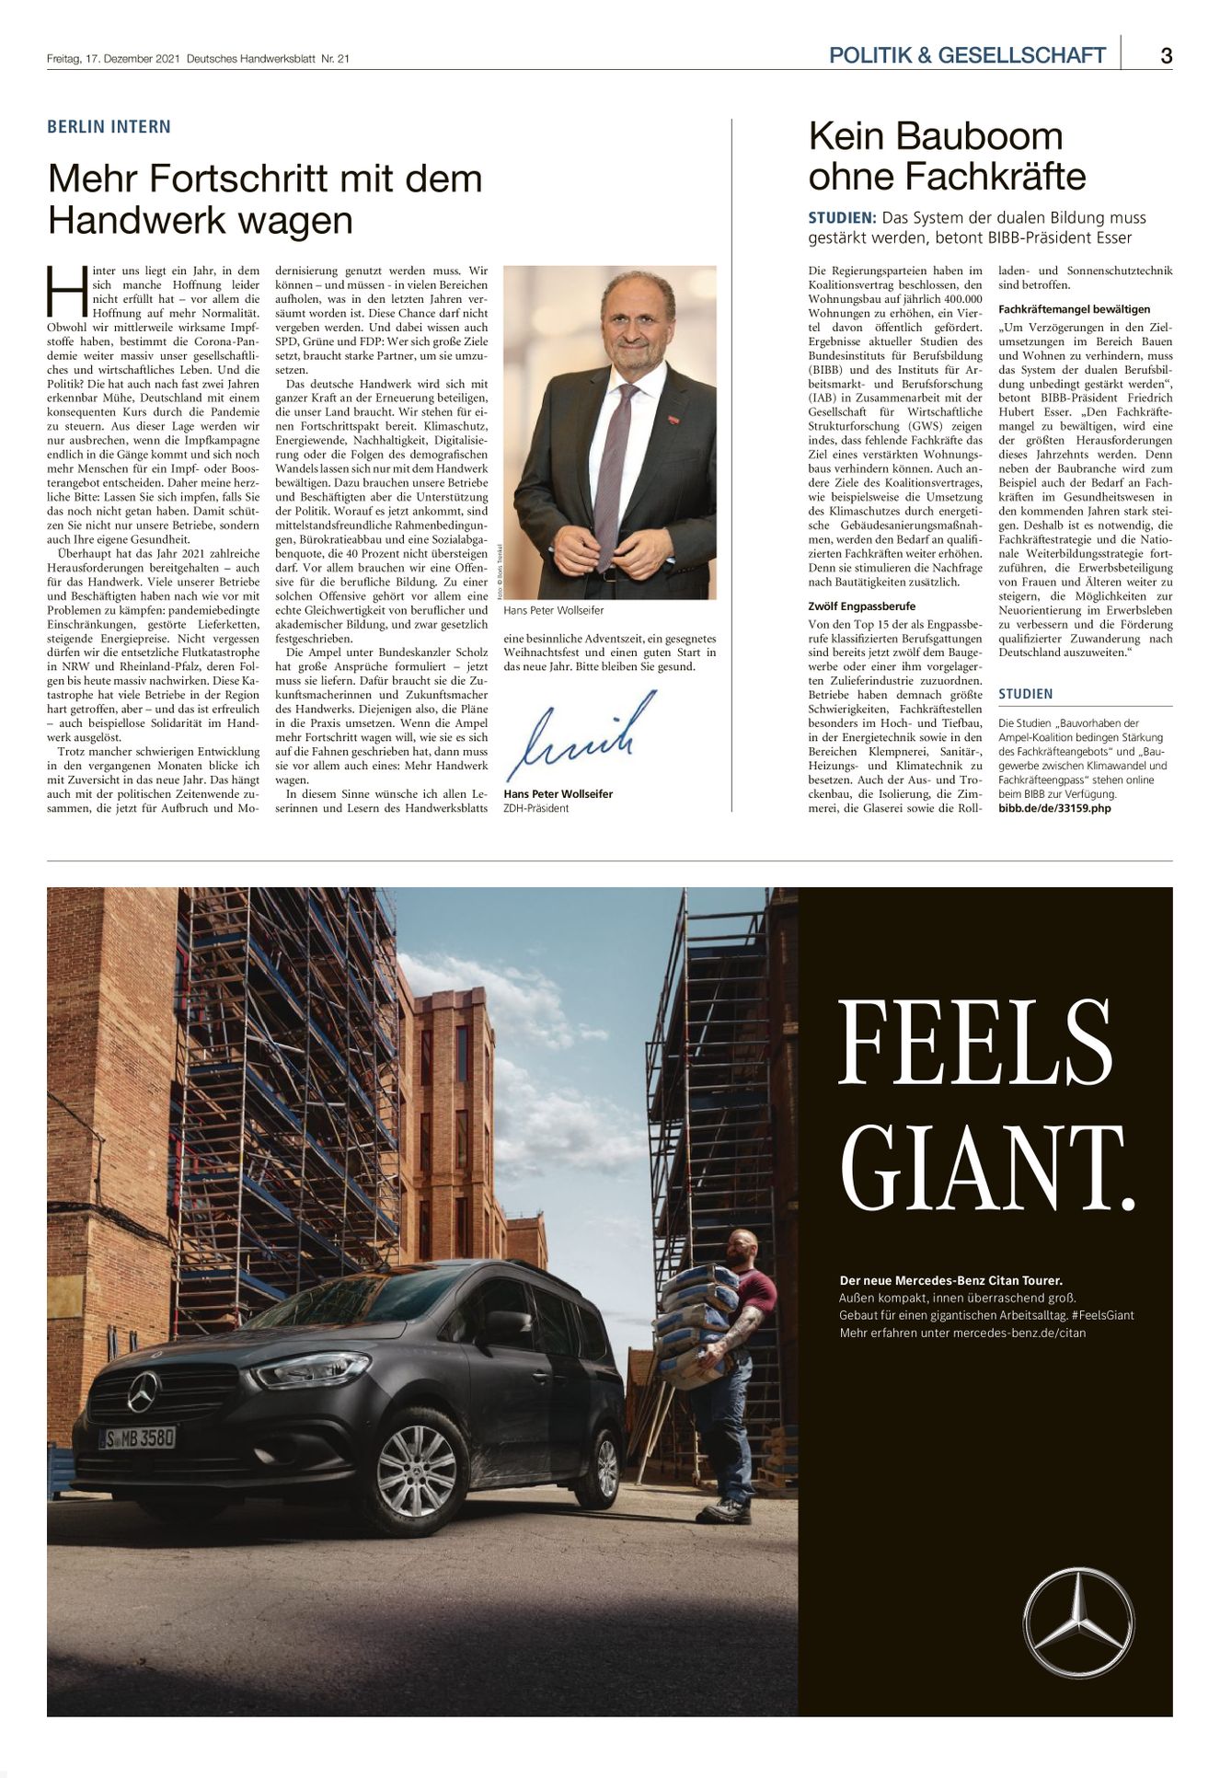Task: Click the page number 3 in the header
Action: click(x=1166, y=55)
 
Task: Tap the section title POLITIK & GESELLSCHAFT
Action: click(x=967, y=55)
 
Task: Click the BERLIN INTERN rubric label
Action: click(x=109, y=127)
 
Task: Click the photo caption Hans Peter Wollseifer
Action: click(x=554, y=610)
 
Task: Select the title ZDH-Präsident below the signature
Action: click(x=536, y=808)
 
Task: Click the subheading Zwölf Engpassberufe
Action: click(x=861, y=606)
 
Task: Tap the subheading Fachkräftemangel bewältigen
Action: click(x=1074, y=309)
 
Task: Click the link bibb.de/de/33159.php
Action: click(x=1054, y=808)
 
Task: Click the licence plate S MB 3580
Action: click(x=137, y=1437)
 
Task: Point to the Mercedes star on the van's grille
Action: click(x=143, y=1391)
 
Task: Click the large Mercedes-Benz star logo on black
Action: click(x=1078, y=1623)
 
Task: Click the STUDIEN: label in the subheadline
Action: click(x=842, y=218)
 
